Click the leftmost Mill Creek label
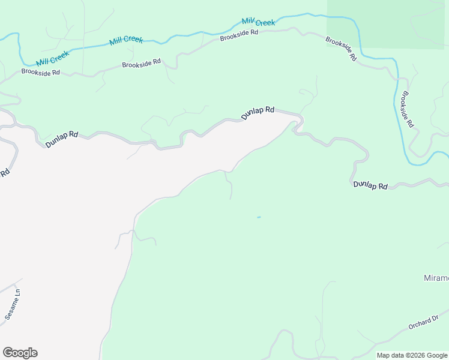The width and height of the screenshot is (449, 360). (x=53, y=58)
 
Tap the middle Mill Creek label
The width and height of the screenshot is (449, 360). (x=126, y=41)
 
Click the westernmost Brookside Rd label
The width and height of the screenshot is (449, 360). (x=41, y=72)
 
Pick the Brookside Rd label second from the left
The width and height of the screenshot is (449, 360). (x=142, y=63)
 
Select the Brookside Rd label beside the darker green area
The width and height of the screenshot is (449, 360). (x=342, y=49)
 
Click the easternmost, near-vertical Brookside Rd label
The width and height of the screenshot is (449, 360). (x=408, y=109)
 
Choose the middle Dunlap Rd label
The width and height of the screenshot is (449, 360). (x=258, y=113)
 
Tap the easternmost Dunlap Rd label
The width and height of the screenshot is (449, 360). (x=370, y=185)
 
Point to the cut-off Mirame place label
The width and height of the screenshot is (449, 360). (x=436, y=278)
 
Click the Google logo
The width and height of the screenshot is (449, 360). (x=20, y=352)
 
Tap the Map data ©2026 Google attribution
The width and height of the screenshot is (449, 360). (x=412, y=355)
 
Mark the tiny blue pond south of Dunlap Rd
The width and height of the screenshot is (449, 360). (x=259, y=217)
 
